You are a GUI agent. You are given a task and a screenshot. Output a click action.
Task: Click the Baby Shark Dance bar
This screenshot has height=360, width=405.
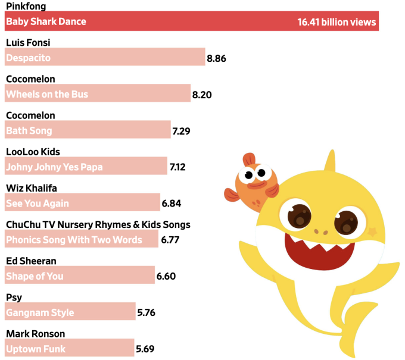[x=191, y=22]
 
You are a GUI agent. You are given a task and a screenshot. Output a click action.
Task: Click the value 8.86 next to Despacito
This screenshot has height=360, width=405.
[x=216, y=58]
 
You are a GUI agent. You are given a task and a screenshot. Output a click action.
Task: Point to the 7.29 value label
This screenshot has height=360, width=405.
[x=181, y=131]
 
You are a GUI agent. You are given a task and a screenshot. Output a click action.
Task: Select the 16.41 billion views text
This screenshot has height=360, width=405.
[x=337, y=22]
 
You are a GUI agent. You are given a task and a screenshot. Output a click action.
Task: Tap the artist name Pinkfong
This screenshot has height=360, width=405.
[x=26, y=7]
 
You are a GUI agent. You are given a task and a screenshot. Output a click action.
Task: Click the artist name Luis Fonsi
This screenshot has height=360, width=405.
[x=28, y=43]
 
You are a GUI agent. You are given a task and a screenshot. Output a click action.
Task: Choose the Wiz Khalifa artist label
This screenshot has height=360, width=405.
[x=32, y=188]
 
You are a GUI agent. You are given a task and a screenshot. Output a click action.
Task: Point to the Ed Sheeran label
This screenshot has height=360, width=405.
[x=31, y=261]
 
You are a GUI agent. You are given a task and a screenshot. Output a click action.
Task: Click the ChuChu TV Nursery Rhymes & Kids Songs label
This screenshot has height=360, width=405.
[x=98, y=224]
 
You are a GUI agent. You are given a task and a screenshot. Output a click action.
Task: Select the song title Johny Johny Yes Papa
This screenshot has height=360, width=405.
[x=54, y=167]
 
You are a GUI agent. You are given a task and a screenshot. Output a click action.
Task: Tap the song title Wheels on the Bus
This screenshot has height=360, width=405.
[x=47, y=95]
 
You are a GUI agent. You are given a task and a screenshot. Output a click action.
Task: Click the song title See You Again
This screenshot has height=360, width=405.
[x=38, y=204]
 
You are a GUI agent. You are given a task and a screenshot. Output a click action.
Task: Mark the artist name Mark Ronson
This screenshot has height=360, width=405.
[x=35, y=333]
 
